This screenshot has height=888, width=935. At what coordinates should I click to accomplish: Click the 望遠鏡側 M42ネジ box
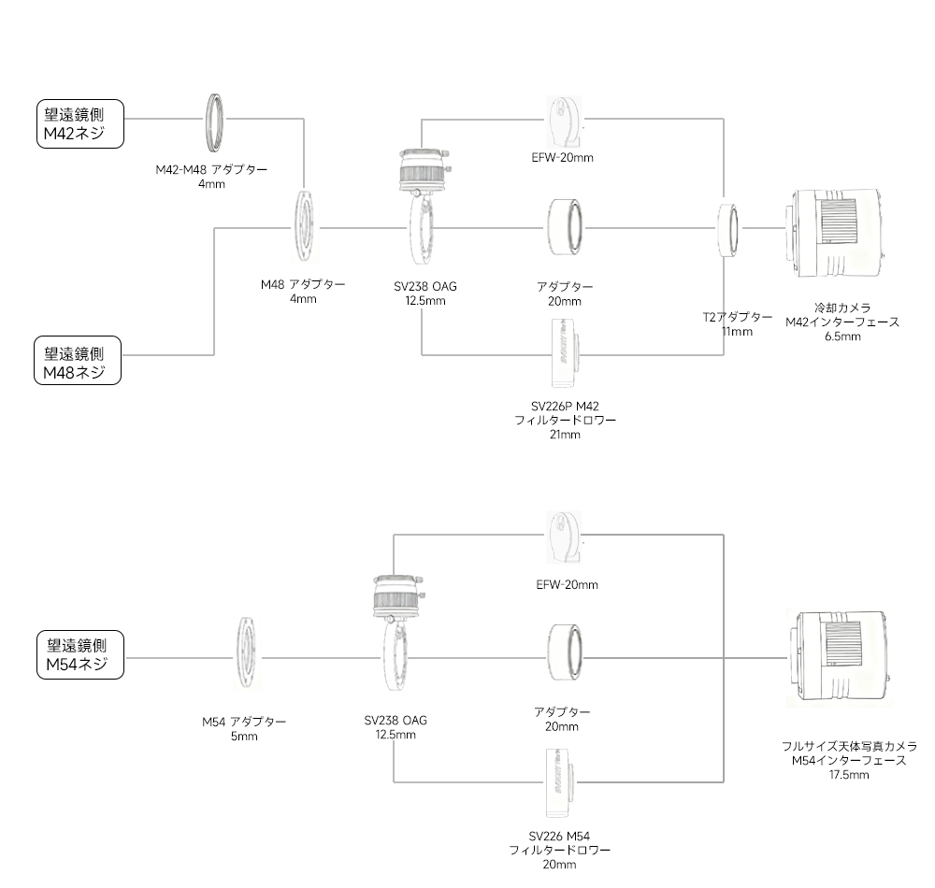point(79,123)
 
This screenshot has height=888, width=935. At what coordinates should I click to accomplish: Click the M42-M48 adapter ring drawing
point(217,121)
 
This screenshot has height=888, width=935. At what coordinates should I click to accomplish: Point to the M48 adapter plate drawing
point(305,227)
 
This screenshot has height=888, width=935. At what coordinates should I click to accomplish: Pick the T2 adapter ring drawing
point(729,229)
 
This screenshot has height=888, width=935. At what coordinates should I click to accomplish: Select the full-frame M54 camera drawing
point(838,658)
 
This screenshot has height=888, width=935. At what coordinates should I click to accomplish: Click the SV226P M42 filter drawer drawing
point(566,354)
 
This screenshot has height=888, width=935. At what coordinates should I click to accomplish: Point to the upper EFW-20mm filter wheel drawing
point(565,120)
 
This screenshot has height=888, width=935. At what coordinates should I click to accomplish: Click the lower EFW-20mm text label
point(567,585)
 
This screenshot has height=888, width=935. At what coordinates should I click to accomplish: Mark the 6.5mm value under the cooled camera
point(842,337)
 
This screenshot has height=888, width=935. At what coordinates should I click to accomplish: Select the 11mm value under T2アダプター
point(737,331)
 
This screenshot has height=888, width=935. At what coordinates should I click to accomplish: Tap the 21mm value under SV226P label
point(565,435)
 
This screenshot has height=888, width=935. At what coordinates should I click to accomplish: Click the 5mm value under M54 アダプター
point(244,737)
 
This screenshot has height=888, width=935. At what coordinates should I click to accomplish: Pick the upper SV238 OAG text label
point(425,286)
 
